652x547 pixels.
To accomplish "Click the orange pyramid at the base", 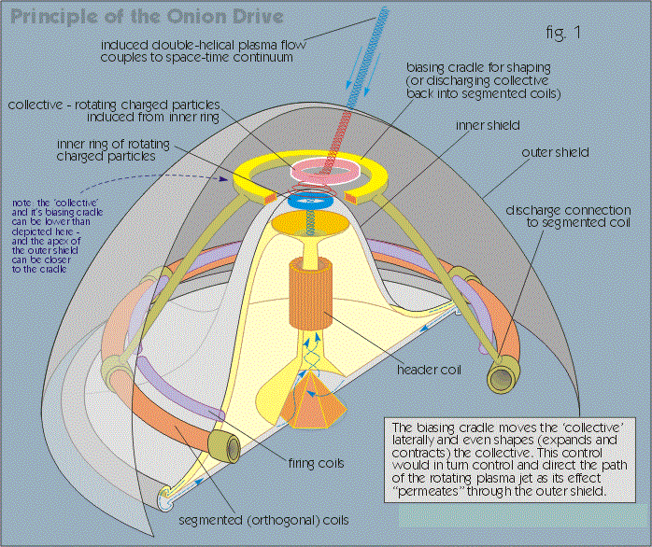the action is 312,401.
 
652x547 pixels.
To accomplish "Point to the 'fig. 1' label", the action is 562,33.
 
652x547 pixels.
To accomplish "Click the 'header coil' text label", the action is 429,370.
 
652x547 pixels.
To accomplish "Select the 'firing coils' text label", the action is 316,463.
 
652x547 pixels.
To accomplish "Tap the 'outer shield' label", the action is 555,152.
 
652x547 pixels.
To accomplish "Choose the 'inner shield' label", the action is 488,125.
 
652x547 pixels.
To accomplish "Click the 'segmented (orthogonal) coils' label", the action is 263,520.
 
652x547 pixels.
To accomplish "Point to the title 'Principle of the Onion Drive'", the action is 147,17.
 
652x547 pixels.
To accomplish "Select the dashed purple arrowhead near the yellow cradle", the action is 223,179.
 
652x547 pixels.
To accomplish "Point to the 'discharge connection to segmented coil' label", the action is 568,217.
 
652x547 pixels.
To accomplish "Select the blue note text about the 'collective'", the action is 57,235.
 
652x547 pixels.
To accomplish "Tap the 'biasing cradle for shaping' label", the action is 479,67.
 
